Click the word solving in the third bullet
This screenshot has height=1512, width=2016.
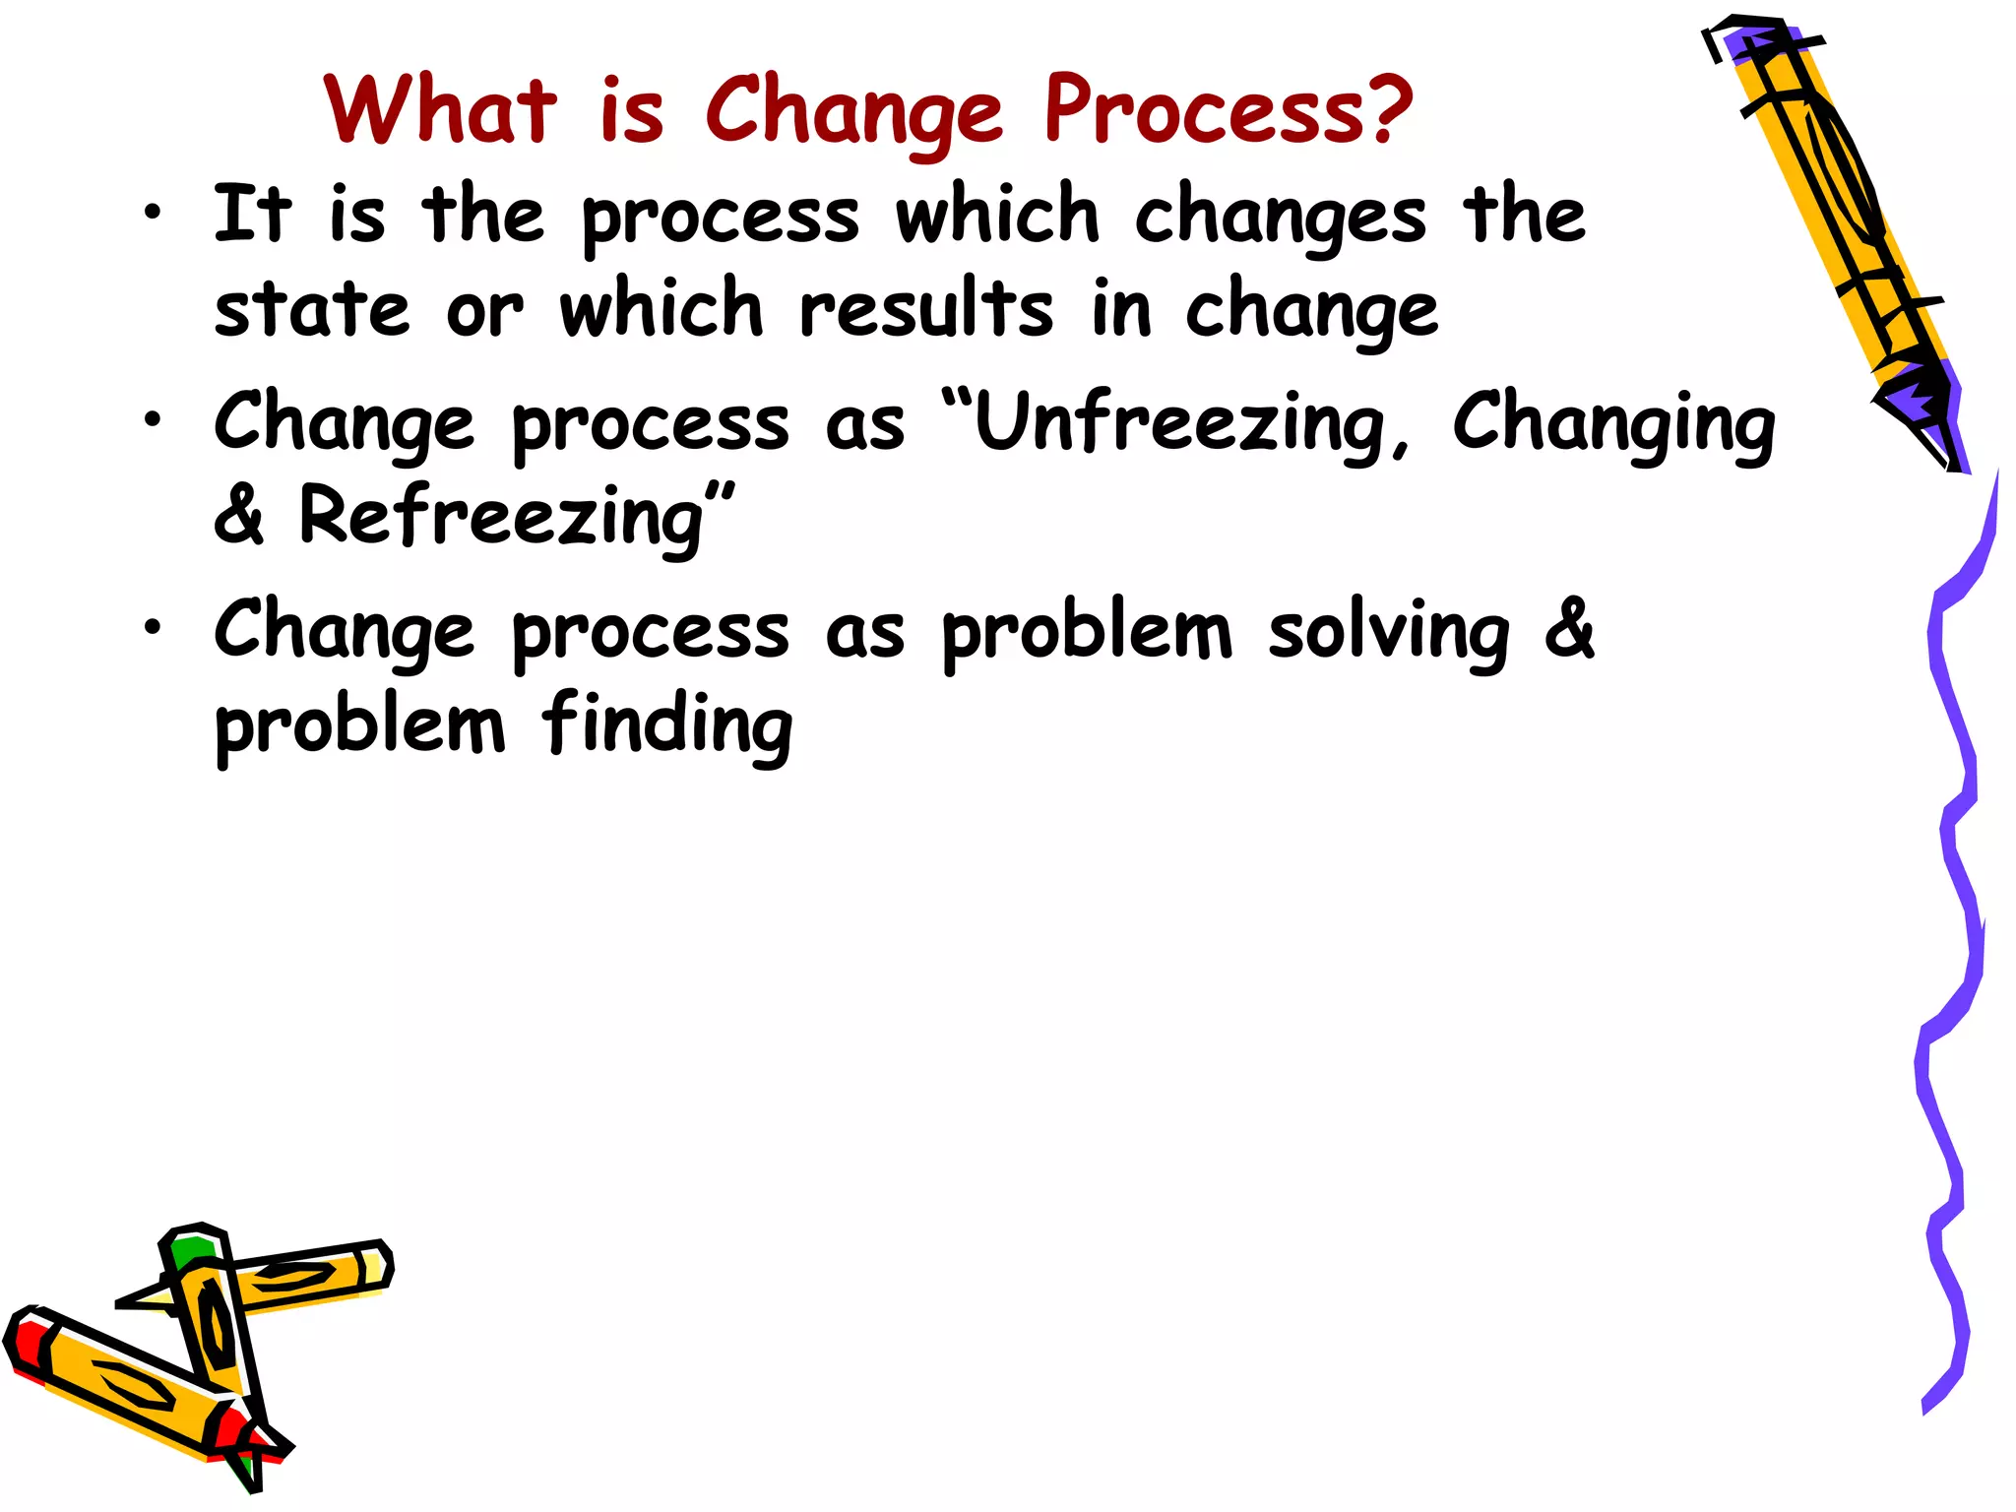pos(1388,632)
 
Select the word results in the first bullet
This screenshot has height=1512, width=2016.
pos(925,309)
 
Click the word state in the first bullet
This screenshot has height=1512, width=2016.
pos(311,309)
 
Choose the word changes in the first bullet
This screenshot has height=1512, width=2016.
pos(1280,217)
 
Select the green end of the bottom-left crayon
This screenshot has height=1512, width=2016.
pos(189,1250)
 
